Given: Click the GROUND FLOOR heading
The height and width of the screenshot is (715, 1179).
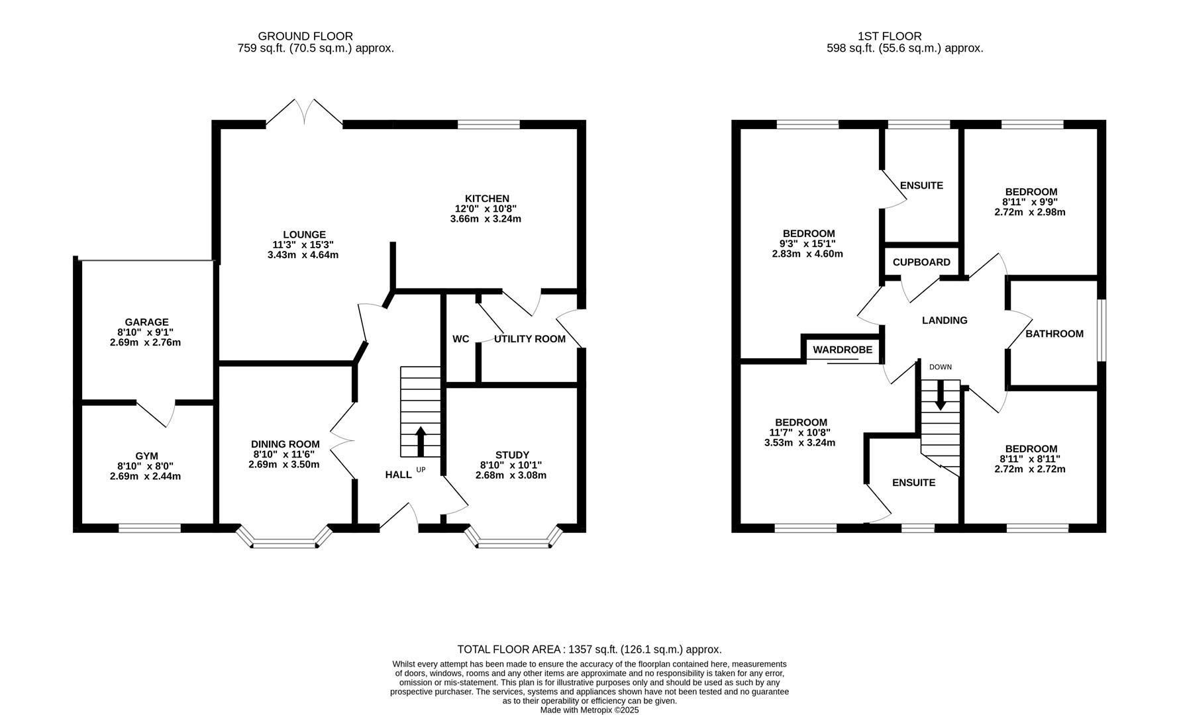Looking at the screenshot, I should (305, 36).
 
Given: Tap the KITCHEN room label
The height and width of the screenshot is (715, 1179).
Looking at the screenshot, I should (487, 199).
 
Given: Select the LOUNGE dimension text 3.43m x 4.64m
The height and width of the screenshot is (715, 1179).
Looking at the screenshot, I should (303, 255).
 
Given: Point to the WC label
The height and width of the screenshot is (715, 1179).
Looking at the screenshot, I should (461, 339).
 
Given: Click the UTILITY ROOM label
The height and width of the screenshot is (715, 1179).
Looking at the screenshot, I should (530, 339).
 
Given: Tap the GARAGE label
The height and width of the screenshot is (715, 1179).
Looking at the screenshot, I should (146, 322).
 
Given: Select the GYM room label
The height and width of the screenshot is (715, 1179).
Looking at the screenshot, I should (146, 456).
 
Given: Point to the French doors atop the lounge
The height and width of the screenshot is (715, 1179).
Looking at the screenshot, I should (305, 113).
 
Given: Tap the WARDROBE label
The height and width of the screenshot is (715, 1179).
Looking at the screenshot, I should (843, 350).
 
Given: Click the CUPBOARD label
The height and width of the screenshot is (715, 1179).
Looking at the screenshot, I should (921, 262).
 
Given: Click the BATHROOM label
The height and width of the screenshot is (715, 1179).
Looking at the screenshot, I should (1054, 334).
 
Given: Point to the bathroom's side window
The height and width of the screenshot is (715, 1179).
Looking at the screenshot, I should (1102, 330).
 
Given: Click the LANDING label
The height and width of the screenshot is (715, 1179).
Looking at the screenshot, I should (945, 320).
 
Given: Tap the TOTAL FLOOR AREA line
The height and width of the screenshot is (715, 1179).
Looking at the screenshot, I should (589, 649).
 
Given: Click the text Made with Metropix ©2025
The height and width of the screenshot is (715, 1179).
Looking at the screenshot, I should (589, 710).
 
